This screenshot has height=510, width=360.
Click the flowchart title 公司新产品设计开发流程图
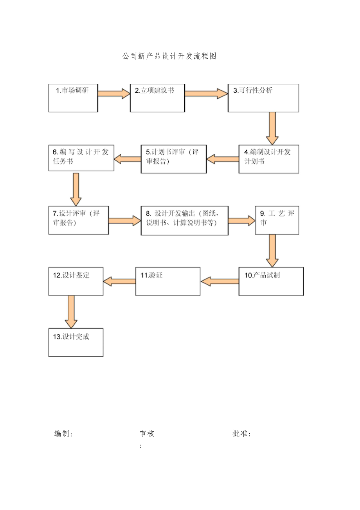coord(169,56)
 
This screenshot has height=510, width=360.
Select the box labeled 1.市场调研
coord(73,98)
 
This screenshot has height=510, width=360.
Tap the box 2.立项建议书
coord(157,98)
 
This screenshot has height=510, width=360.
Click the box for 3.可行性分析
coord(263,98)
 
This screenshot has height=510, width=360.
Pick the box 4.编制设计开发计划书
coord(269,159)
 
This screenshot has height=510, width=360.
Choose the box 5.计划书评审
coord(173,159)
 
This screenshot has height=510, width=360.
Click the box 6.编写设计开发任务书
coord(81,158)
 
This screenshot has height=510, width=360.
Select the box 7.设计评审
coord(79,220)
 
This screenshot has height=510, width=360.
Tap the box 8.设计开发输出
coord(184,221)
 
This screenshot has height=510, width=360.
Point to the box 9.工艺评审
coord(277,220)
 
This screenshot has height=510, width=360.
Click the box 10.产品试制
coord(271,281)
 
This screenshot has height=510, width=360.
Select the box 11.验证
coord(168,281)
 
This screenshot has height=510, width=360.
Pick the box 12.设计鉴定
coord(76,281)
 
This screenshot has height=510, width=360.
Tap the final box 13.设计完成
coord(76,342)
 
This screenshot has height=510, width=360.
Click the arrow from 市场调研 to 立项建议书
coord(113,93)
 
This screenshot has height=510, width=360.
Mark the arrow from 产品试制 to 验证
coord(220,281)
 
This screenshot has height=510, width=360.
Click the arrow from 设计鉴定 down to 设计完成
coord(71,312)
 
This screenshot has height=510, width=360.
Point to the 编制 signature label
coord(64,434)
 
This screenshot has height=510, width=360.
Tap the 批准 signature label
coord(241,434)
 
